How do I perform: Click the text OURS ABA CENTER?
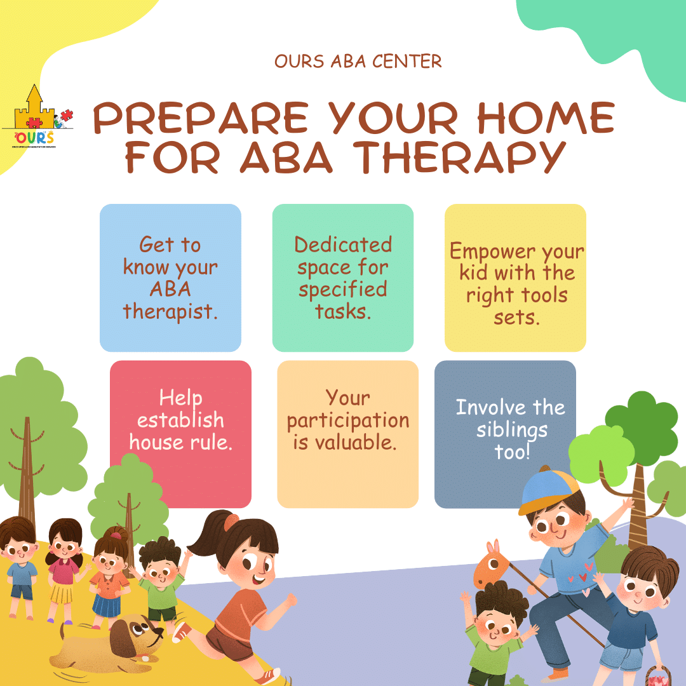coord(358,62)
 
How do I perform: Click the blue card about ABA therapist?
coord(170,278)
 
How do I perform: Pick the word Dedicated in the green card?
coord(343,245)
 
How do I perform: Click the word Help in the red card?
coord(180,398)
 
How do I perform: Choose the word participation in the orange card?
coord(347,420)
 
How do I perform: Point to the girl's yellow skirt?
coord(62,593)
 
